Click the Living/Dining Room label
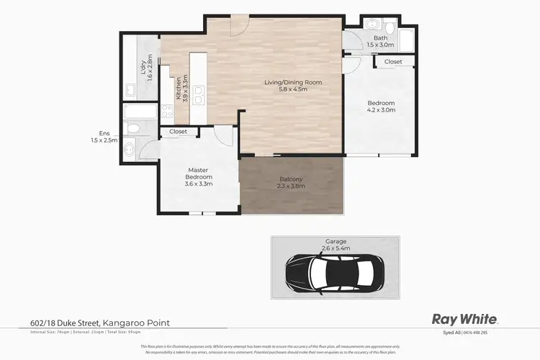pos(292,86)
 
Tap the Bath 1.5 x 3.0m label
pos(380,41)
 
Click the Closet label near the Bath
pos(393,62)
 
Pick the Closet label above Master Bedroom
pos(178,132)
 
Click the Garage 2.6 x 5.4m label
pos(335,245)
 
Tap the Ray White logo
pos(464,319)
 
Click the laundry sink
pos(131,90)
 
